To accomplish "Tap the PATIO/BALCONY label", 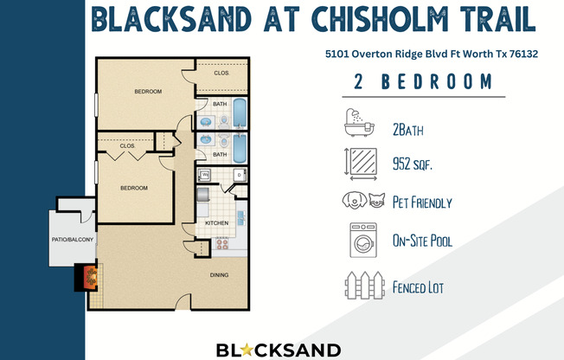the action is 73,240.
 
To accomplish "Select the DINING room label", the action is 219,275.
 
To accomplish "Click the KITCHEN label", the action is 217,223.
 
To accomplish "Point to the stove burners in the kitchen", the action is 222,244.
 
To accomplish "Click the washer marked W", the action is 205,175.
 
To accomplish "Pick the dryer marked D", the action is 240,176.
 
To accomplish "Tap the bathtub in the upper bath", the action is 240,113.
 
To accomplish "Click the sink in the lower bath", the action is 206,139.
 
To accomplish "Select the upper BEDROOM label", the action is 148,92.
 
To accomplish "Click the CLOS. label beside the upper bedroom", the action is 221,73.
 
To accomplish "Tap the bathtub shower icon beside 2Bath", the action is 359,122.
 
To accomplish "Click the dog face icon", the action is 355,199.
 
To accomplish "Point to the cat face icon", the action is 376,200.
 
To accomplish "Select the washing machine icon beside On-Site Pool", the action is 363,240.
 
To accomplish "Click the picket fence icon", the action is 364,285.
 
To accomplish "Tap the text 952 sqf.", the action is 413,164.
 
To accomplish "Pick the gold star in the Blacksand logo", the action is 247,350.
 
